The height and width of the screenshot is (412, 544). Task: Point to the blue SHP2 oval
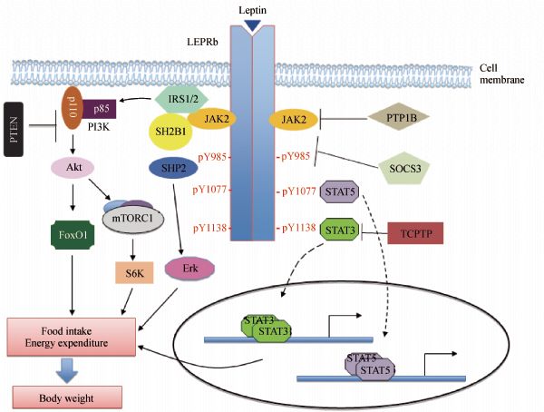tap(172, 169)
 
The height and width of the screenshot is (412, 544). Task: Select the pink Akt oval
tap(73, 168)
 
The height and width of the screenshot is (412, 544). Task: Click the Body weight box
tap(65, 397)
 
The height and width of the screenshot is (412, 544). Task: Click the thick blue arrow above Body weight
tap(65, 367)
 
